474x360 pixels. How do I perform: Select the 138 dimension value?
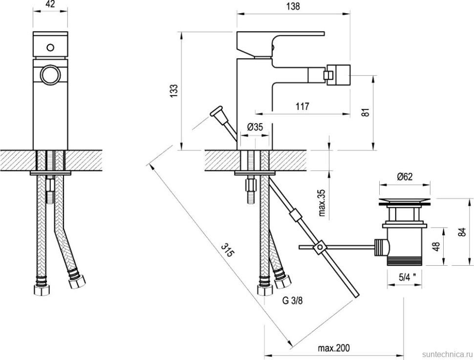tap(293, 6)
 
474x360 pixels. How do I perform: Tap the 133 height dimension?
tap(174, 91)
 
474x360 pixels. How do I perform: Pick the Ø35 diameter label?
tap(255, 127)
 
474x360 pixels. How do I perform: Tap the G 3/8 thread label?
tap(292, 300)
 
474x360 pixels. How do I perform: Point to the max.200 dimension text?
tap(334, 348)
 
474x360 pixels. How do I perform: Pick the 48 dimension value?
tap(436, 246)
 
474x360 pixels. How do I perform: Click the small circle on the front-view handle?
tap(49, 47)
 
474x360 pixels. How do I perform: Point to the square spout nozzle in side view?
tap(339, 74)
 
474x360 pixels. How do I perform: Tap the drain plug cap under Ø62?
tap(405, 200)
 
